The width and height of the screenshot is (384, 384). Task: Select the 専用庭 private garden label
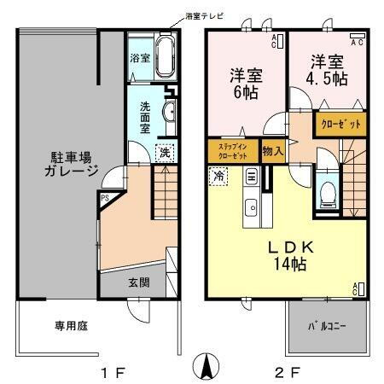tap(49, 325)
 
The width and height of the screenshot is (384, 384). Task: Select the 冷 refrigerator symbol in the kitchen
tap(218, 177)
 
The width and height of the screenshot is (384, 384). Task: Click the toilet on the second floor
tap(326, 194)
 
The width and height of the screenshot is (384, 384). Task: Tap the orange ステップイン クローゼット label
tap(232, 151)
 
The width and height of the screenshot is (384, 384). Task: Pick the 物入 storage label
tap(272, 151)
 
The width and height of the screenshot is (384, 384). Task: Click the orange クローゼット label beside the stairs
tap(340, 124)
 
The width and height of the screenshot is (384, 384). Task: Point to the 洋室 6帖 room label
tap(246, 82)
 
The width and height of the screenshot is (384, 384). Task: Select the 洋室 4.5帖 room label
tap(328, 71)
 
